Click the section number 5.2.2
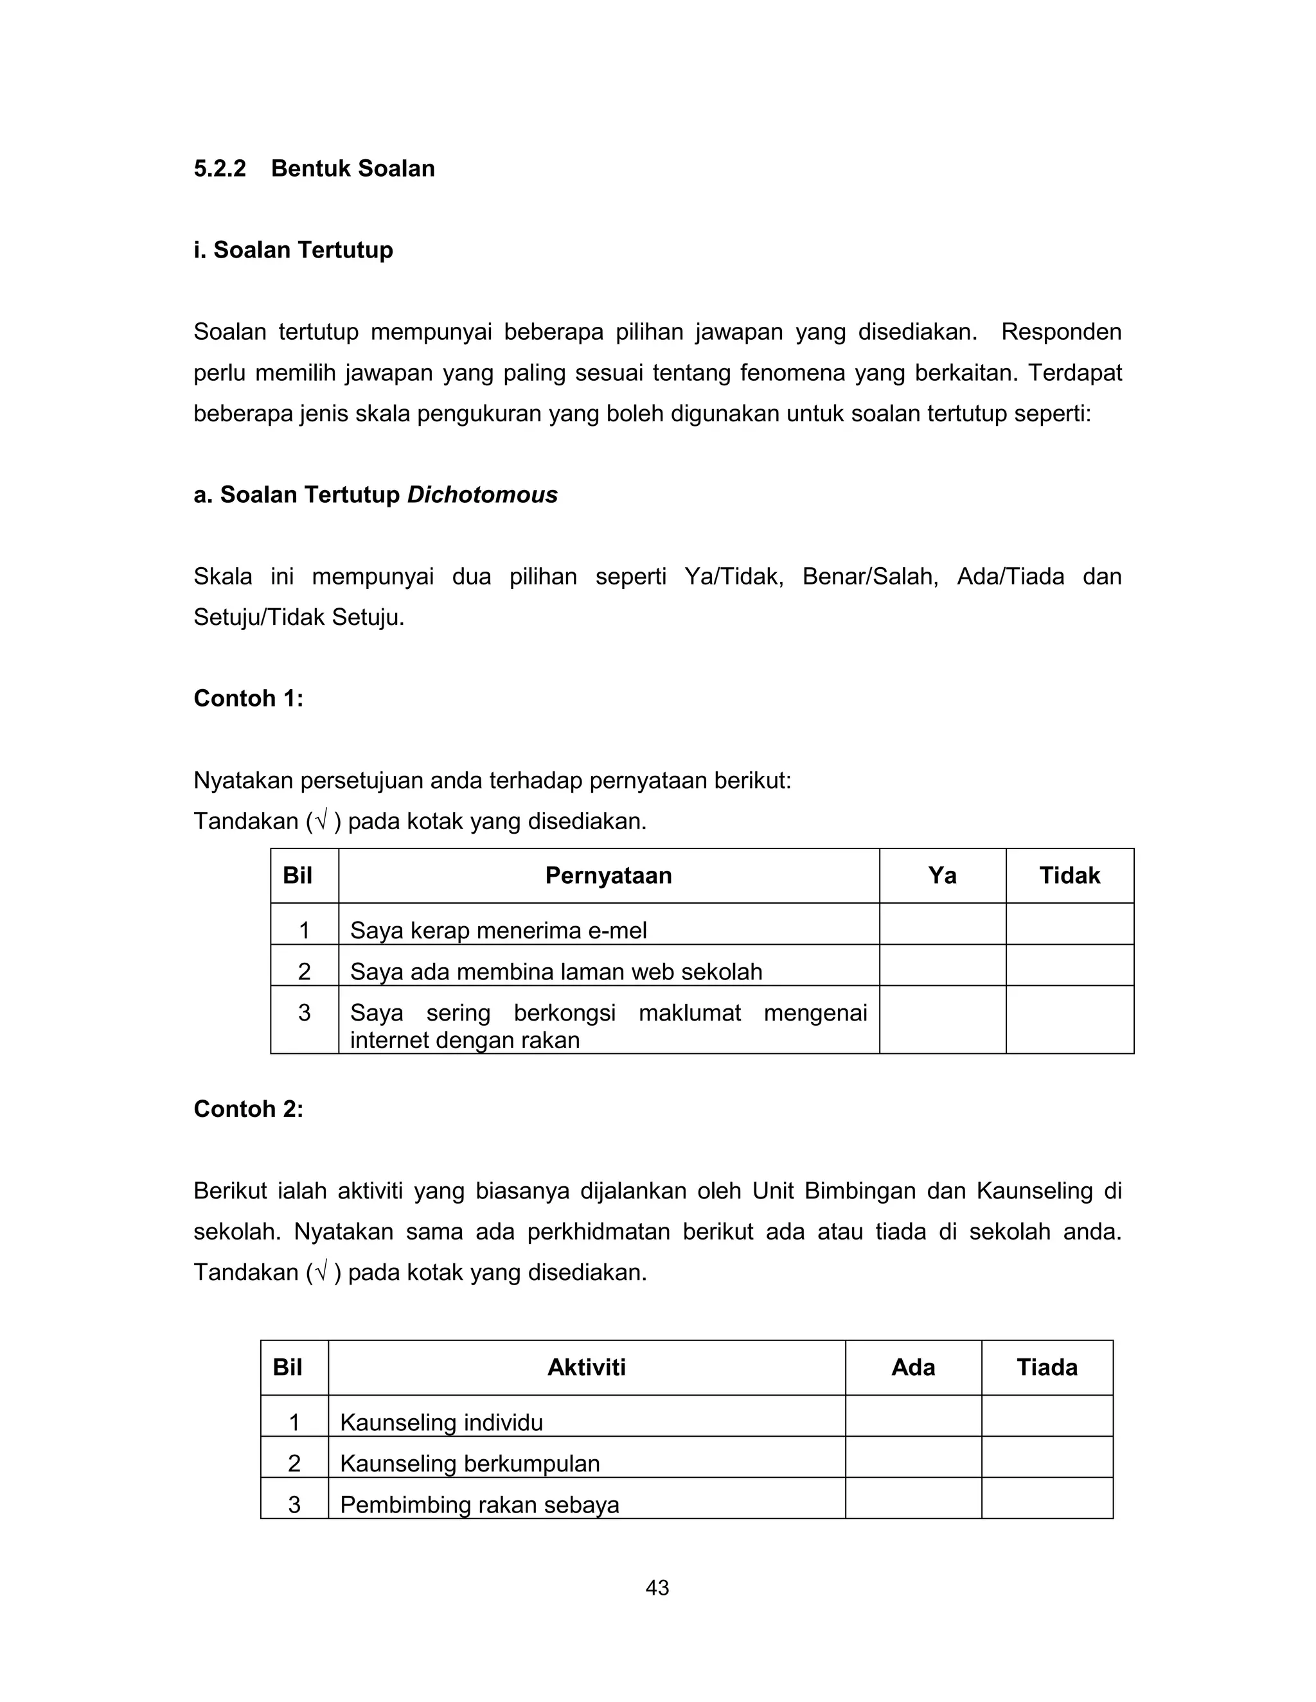pyautogui.click(x=219, y=169)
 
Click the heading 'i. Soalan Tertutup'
pyautogui.click(x=293, y=250)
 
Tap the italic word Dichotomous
pyautogui.click(x=482, y=495)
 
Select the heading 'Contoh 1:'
pyautogui.click(x=248, y=698)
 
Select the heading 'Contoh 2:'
pyautogui.click(x=248, y=1109)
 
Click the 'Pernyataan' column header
pyautogui.click(x=608, y=876)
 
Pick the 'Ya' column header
pyautogui.click(x=942, y=876)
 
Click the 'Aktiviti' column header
pyautogui.click(x=586, y=1367)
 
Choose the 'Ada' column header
pyautogui.click(x=913, y=1367)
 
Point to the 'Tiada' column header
pyautogui.click(x=1046, y=1367)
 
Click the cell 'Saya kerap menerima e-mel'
pyautogui.click(x=498, y=931)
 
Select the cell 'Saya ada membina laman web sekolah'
pyautogui.click(x=556, y=972)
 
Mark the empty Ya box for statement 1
pyautogui.click(x=942, y=925)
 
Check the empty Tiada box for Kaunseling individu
pyautogui.click(x=1046, y=1417)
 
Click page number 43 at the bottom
pyautogui.click(x=657, y=1588)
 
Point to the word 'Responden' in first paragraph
pyautogui.click(x=1061, y=332)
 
